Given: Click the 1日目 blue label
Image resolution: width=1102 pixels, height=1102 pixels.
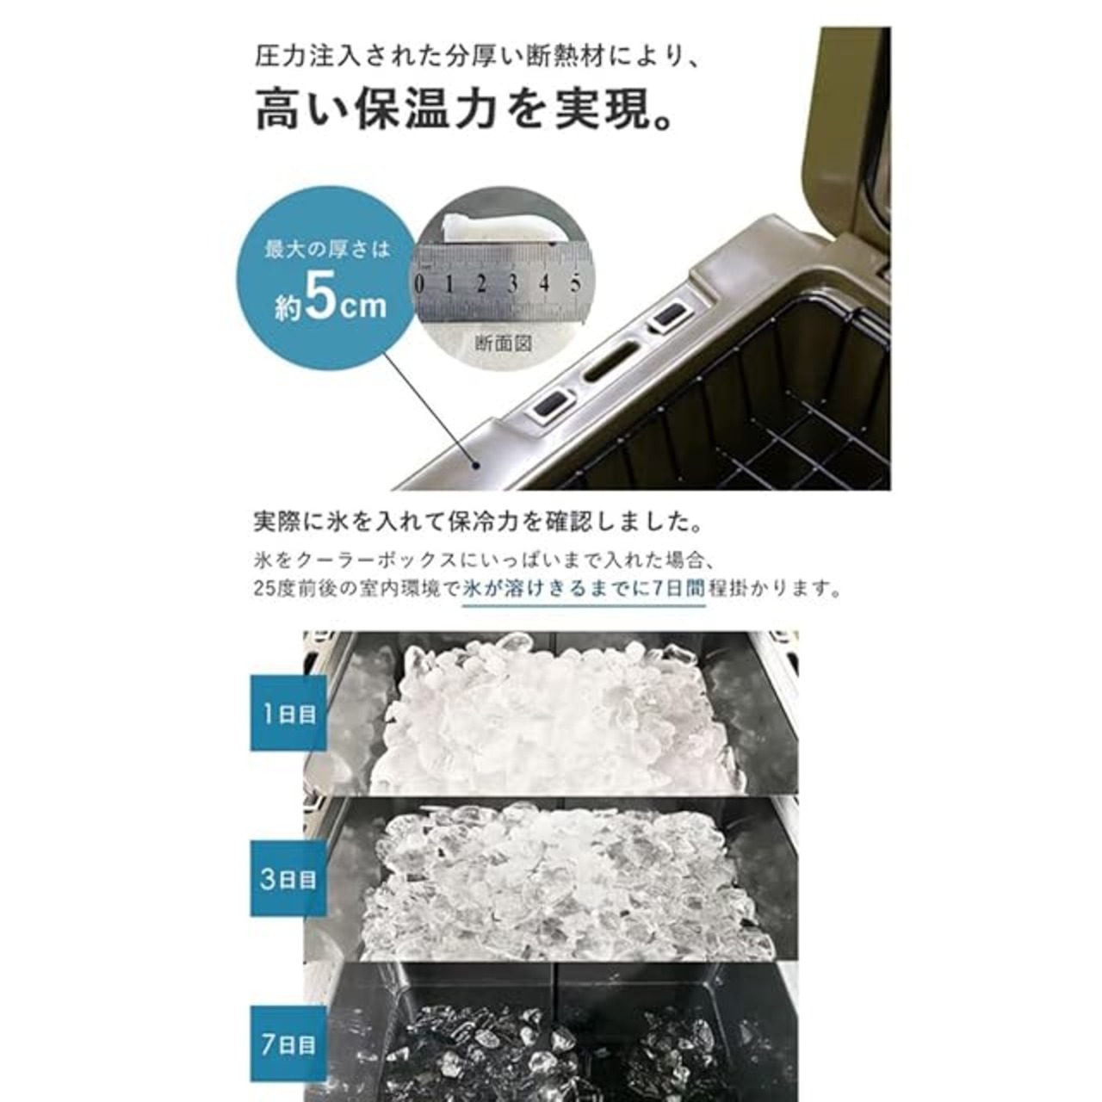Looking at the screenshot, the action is click(x=288, y=713).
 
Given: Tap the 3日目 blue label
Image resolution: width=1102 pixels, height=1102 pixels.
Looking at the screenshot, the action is click(x=288, y=878).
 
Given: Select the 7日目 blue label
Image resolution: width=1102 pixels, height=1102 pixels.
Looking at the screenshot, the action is click(x=288, y=1044).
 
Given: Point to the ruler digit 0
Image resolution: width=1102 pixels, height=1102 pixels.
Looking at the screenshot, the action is click(x=419, y=284).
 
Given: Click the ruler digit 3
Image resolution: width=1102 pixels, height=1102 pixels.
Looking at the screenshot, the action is click(x=513, y=283).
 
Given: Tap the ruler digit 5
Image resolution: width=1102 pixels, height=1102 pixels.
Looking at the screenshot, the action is click(x=575, y=282).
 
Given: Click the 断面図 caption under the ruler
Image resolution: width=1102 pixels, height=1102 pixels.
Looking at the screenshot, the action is click(x=504, y=343).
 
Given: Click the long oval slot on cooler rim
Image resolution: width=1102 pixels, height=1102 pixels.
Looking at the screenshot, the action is click(x=610, y=363).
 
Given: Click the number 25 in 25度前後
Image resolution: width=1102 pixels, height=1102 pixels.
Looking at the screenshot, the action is click(x=264, y=588).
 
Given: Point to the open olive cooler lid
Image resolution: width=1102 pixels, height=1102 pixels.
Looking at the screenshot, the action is click(x=846, y=143).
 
